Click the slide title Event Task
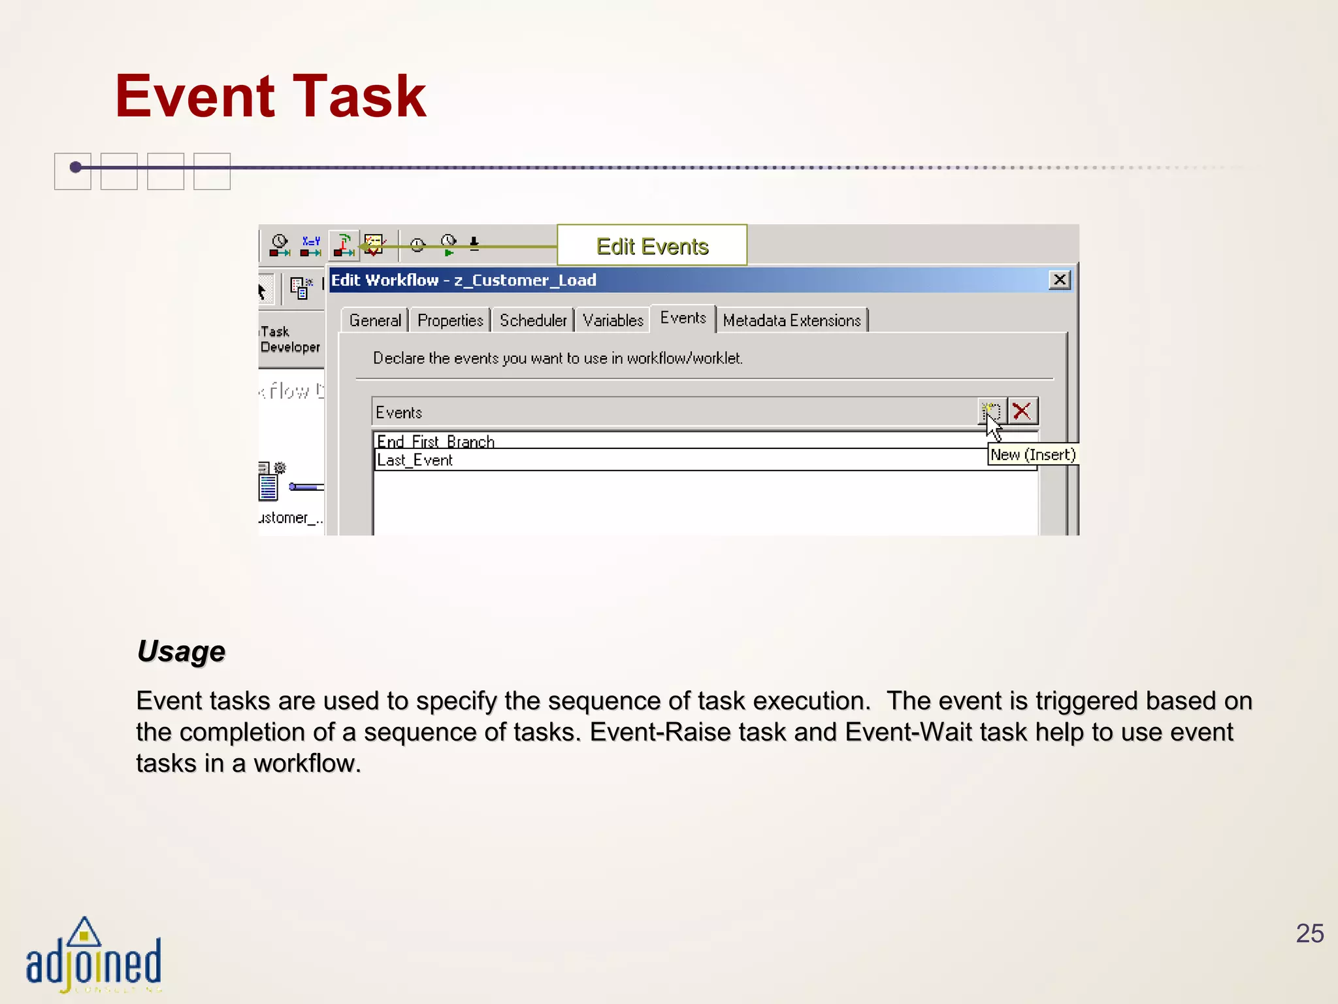point(270,97)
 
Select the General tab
point(375,320)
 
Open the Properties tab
point(450,320)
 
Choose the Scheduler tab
point(533,320)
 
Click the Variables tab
point(613,320)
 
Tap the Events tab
point(683,318)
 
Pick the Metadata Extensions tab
point(792,320)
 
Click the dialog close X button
point(1059,280)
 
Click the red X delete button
point(1022,412)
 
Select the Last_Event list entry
point(415,460)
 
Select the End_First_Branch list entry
point(436,441)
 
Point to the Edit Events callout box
point(652,246)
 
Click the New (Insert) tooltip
point(1032,455)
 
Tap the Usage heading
point(181,652)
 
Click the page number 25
point(1309,933)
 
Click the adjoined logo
point(93,956)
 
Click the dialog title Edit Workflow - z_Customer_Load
point(464,280)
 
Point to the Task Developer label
point(289,339)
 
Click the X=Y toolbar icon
point(311,246)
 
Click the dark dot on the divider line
point(76,167)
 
